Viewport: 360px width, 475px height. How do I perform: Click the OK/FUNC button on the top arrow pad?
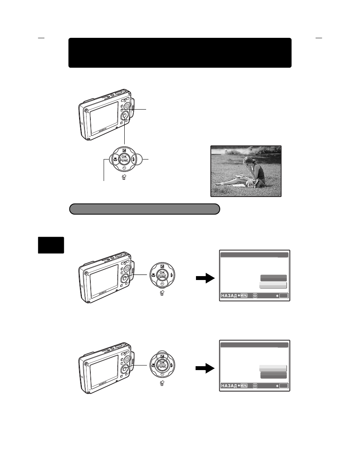coord(124,159)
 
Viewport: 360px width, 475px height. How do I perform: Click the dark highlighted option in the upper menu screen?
coord(273,278)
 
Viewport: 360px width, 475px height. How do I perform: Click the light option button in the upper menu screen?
coord(273,285)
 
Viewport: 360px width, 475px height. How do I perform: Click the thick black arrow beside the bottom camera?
coord(205,369)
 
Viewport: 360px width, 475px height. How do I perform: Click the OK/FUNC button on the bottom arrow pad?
coord(161,366)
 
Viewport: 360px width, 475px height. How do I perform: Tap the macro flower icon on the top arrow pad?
coord(115,159)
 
